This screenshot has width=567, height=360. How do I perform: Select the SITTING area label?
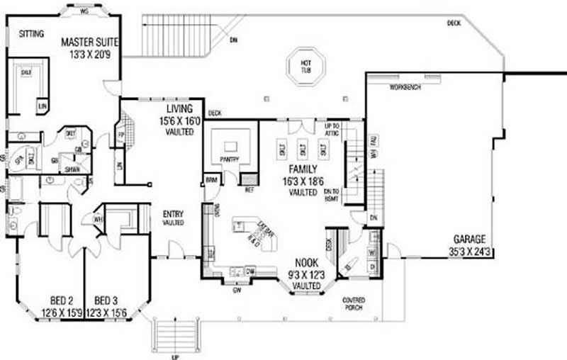point(31,33)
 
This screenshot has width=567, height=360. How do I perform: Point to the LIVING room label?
point(179,108)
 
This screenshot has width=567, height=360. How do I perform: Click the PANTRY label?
point(229,159)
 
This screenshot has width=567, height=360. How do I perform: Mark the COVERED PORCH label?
point(353,304)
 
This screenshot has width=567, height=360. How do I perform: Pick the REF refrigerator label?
point(248,190)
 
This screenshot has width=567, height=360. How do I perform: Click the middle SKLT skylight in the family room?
point(303,150)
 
